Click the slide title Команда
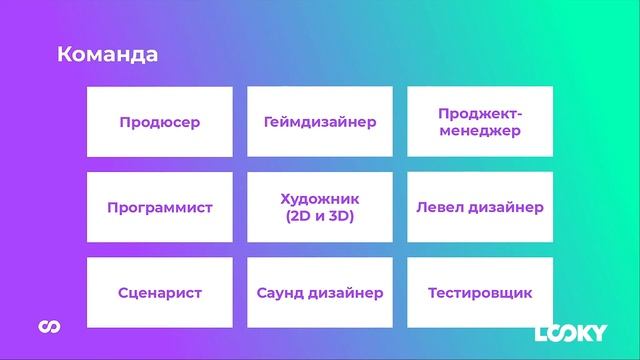(107, 54)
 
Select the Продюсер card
(160, 122)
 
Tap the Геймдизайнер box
(320, 122)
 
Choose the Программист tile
(160, 208)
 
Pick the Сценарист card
(160, 293)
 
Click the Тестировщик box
(480, 293)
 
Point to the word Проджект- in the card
(480, 114)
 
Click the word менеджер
(480, 131)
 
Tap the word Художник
(320, 199)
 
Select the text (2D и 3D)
(320, 216)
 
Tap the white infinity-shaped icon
(46, 328)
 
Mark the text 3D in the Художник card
(342, 216)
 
